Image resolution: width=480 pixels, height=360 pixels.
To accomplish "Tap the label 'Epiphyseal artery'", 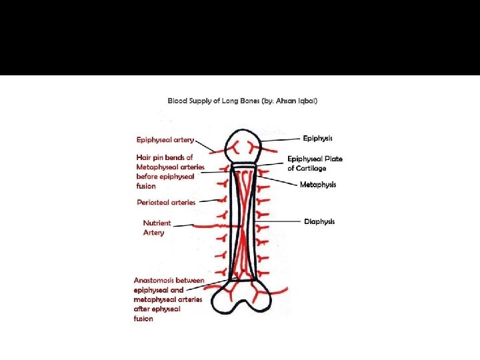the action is (x=165, y=140).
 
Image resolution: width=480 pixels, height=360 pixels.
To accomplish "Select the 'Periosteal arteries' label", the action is (x=166, y=202).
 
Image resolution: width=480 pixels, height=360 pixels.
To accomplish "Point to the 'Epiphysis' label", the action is (x=317, y=138).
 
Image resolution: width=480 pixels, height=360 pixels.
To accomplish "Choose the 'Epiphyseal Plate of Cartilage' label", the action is (x=315, y=163).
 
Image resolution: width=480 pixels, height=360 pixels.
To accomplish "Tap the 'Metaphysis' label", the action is (x=318, y=185).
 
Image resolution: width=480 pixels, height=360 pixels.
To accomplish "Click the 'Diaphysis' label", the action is (x=319, y=221).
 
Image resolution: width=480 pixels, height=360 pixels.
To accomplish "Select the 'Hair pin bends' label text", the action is (x=165, y=157).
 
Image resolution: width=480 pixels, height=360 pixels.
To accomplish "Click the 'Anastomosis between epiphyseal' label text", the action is (x=169, y=280).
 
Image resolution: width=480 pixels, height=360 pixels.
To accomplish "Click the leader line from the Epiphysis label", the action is (x=280, y=139).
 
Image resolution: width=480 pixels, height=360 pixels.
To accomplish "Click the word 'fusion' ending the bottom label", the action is (x=143, y=319).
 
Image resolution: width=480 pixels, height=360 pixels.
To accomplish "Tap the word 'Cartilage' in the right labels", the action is (x=312, y=169).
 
